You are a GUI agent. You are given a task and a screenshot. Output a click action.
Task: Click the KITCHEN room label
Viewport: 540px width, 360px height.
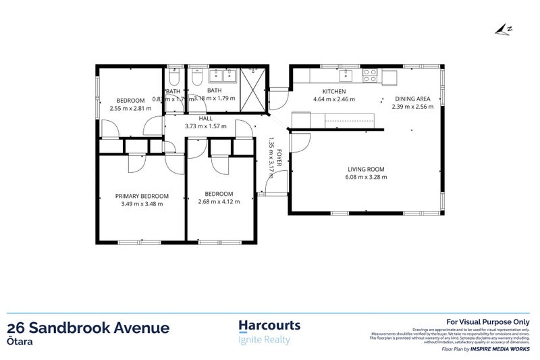[334, 91]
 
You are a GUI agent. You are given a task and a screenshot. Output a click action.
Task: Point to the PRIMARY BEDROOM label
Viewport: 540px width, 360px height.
[141, 196]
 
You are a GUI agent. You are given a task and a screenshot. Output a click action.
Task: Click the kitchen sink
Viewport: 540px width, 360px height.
[347, 74]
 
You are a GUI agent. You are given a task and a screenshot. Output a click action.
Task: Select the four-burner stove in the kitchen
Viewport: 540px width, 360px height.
[371, 75]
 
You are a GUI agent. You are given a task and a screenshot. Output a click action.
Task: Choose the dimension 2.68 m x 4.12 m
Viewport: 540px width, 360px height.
[219, 201]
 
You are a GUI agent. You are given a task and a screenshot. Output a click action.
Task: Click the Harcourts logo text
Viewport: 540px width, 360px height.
[270, 326]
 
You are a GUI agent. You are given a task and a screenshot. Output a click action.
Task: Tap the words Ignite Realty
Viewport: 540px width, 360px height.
[265, 340]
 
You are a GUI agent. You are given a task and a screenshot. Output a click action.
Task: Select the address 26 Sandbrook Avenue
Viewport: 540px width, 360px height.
[88, 328]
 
